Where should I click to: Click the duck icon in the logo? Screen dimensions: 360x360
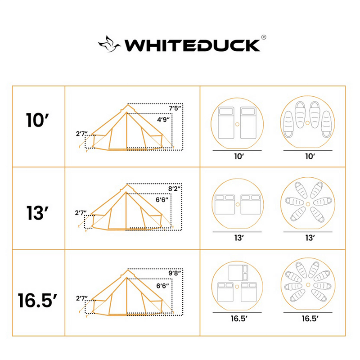110,44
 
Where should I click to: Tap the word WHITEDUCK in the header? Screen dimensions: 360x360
192,45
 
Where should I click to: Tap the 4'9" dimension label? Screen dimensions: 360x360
162,120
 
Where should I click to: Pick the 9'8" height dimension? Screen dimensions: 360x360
176,273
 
